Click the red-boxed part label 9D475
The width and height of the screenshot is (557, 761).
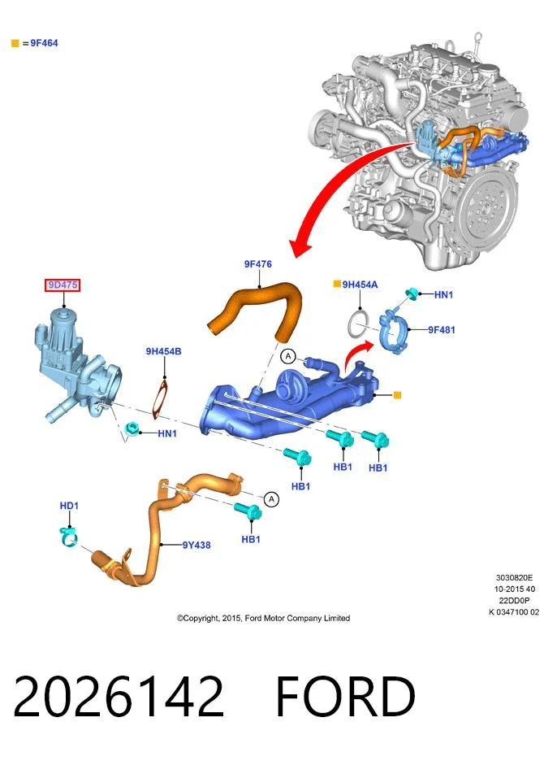[x=63, y=285]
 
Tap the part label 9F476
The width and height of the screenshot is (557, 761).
[x=258, y=264]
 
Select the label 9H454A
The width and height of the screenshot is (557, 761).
[x=360, y=285]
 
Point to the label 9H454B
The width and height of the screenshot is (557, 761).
[x=164, y=351]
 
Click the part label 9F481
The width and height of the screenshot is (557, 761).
[x=441, y=329]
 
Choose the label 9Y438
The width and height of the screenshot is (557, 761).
[x=196, y=545]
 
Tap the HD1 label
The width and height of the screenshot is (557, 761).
[x=69, y=506]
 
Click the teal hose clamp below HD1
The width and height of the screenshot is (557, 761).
[x=69, y=537]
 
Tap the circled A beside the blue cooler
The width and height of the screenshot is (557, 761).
[x=288, y=357]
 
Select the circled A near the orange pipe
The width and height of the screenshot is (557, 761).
[x=271, y=499]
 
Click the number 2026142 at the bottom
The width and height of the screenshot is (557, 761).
[x=119, y=697]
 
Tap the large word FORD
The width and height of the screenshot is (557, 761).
[x=345, y=697]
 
